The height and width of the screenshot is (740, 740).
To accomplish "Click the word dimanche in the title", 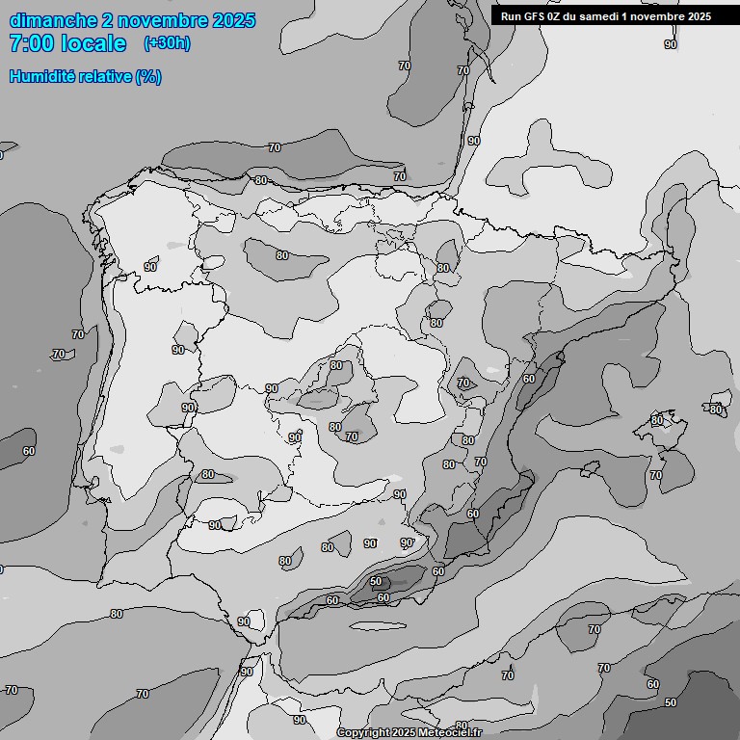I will (x=52, y=20).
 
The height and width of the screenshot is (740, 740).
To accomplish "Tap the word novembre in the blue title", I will (x=165, y=20).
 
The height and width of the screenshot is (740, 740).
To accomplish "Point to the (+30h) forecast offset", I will (x=167, y=43).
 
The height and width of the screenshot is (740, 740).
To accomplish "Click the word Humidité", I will (x=43, y=76).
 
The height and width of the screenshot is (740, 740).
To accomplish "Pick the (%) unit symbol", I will (x=148, y=76).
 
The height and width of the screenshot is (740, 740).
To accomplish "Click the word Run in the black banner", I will (x=512, y=16).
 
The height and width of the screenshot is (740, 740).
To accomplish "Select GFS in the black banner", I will (x=537, y=16).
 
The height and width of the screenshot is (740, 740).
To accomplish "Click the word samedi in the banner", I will (x=604, y=16).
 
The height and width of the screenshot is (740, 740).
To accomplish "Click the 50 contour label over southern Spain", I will (x=376, y=581).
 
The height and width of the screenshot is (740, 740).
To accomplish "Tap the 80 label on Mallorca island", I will (x=656, y=420).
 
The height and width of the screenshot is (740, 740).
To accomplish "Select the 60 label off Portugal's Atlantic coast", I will (x=29, y=451).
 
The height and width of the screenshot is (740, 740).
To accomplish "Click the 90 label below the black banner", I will (x=671, y=44).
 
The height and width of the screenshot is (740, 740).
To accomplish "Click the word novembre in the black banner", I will (x=662, y=16).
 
